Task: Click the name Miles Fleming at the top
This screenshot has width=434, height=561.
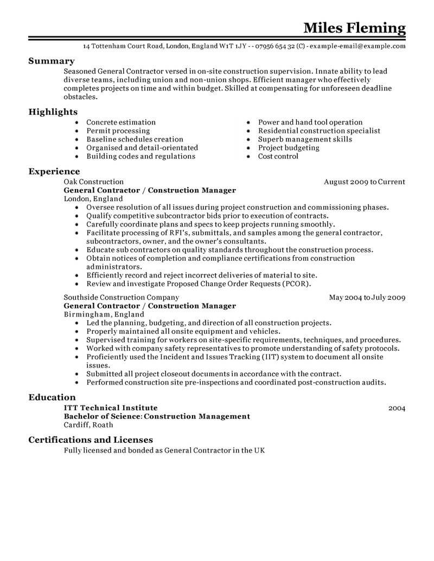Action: [x=354, y=28]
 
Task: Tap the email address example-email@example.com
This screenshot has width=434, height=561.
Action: [x=358, y=47]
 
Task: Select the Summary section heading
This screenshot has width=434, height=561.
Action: [x=52, y=61]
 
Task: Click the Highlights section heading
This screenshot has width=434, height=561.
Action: [x=53, y=112]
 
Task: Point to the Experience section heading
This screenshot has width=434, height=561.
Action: [x=54, y=171]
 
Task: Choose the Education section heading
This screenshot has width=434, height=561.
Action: [x=52, y=397]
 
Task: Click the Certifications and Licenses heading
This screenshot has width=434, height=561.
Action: [x=90, y=440]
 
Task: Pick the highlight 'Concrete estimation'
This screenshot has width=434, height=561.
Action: [x=121, y=122]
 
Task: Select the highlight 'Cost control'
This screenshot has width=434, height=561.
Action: [x=278, y=156]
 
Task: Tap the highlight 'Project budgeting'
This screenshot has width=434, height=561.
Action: [x=289, y=148]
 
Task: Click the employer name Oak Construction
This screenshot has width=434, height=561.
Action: [x=94, y=182]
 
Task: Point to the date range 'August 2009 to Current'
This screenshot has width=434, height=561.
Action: [x=364, y=182]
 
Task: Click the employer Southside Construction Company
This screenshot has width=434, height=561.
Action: [x=122, y=298]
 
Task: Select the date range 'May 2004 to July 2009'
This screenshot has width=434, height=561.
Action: [x=367, y=298]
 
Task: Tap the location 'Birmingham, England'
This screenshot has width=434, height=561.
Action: [x=104, y=314]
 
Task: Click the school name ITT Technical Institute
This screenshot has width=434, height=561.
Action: [x=111, y=408]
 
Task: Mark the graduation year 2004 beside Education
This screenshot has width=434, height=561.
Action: [x=397, y=408]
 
